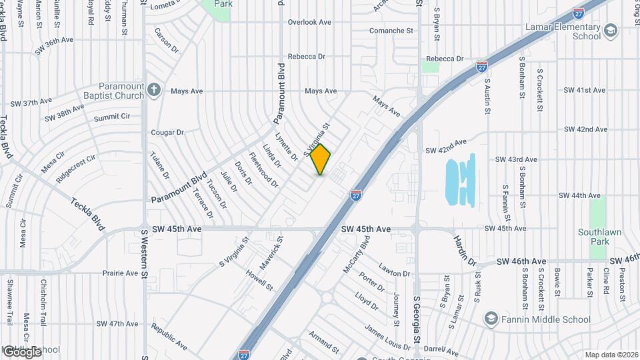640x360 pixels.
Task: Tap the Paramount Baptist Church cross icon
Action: click(154, 90)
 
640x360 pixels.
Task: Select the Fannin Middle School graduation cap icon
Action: click(492, 319)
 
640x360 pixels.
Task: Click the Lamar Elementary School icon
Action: click(609, 30)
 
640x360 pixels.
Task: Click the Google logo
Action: click(21, 351)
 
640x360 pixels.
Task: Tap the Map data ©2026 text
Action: click(611, 355)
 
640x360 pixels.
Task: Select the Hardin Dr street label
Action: click(465, 249)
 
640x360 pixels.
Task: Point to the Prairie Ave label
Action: click(120, 273)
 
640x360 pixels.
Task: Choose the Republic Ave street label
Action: click(169, 337)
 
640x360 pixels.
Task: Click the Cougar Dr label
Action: click(167, 133)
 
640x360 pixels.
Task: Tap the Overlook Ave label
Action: click(309, 22)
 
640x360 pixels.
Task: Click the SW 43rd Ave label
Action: click(516, 159)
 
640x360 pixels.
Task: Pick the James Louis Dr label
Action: click(387, 336)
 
